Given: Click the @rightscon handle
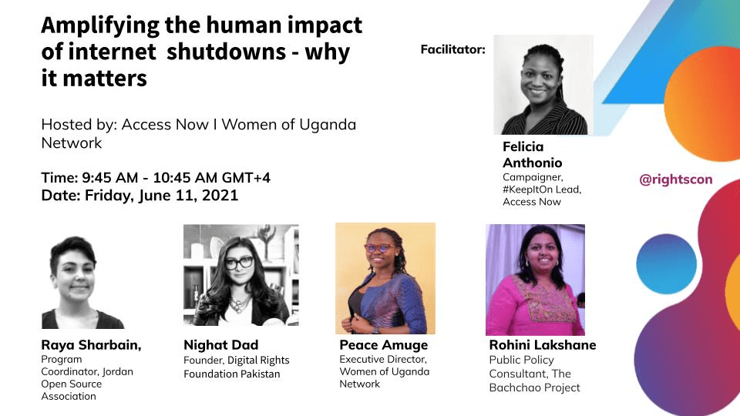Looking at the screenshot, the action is coord(675,179).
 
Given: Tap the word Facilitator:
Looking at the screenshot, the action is coord(452,49).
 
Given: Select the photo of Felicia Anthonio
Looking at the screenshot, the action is coord(543,85).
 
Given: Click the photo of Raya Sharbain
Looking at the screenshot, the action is coord(82,282).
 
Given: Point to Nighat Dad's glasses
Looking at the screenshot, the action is coord(239,263).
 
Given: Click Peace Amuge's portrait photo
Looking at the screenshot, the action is coord(385,278).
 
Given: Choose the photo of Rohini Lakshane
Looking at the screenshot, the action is coord(535,280).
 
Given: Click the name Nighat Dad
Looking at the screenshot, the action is coord(221,345).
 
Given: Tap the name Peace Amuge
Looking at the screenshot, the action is coord(384,345).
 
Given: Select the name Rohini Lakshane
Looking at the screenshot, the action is coord(543,345).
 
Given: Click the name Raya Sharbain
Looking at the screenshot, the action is coord(91,345).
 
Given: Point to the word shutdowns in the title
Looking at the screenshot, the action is coord(226,52).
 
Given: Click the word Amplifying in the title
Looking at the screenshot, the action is coord(100,26).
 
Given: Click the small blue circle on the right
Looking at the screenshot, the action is coord(666,264).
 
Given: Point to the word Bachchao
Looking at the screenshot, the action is coord(511,387).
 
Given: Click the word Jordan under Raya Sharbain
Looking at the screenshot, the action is coord(117,371).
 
